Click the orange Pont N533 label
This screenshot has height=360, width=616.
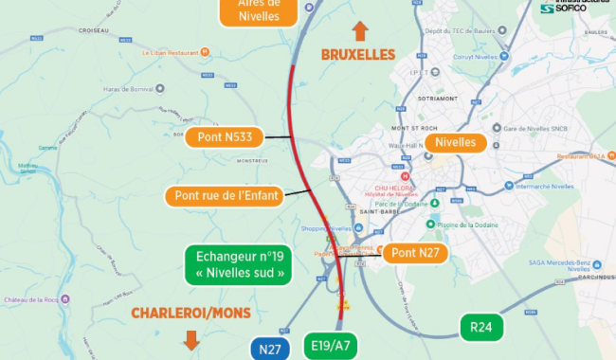pyautogui.click(x=226, y=137)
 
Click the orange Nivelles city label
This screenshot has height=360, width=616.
pyautogui.click(x=456, y=143)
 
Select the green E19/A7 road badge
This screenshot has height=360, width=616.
pyautogui.click(x=331, y=346)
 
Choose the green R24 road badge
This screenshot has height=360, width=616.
pyautogui.click(x=481, y=327)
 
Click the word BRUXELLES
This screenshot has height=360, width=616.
pyautogui.click(x=358, y=55)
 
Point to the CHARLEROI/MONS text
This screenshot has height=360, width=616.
pyautogui.click(x=190, y=313)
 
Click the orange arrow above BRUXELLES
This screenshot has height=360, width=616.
pyautogui.click(x=360, y=30)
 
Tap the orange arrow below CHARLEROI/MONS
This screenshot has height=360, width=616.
pyautogui.click(x=191, y=339)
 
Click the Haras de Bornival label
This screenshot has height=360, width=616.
pyautogui.click(x=128, y=89)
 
